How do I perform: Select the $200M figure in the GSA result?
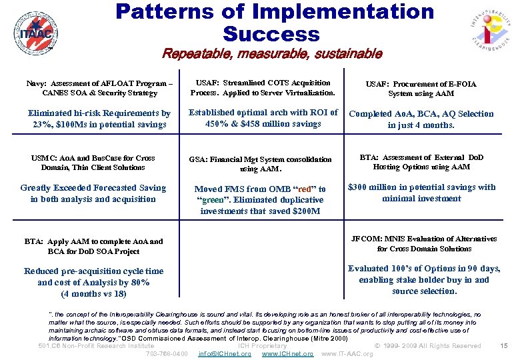306,211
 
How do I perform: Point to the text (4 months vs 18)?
93,293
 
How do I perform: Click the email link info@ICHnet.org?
225,353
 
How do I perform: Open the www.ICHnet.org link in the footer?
287,353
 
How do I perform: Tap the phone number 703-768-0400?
167,353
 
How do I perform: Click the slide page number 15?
503,345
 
